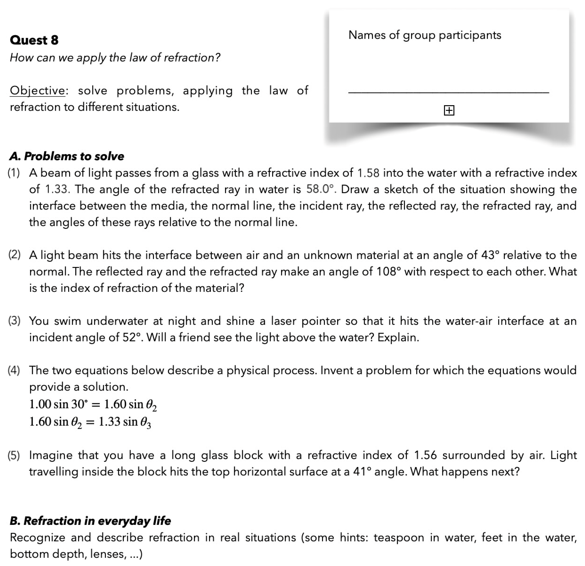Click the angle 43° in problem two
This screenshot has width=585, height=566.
coord(490,255)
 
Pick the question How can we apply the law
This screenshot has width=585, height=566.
coord(115,57)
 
